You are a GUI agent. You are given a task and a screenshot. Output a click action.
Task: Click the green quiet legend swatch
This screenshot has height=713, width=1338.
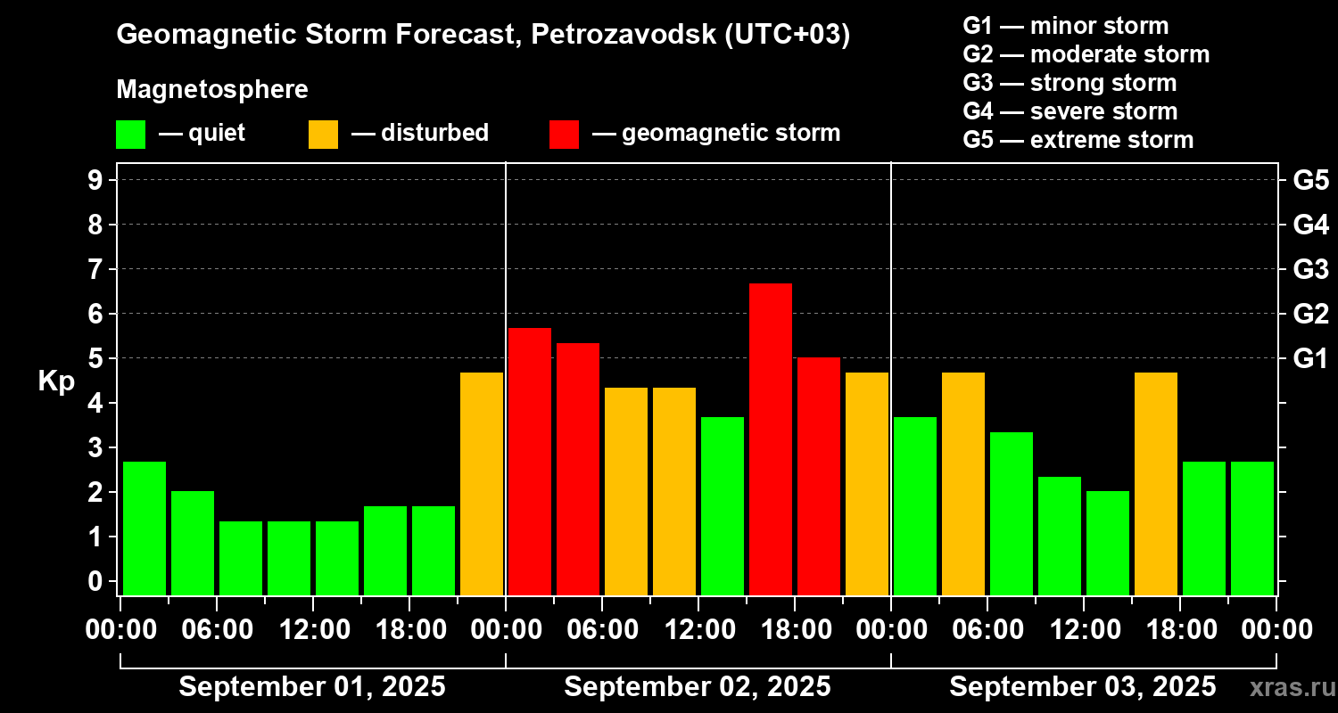point(130,135)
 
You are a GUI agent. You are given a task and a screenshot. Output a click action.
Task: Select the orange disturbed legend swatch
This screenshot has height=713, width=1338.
point(323,135)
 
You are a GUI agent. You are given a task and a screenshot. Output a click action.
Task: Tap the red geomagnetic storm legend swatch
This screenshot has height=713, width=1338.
point(564,135)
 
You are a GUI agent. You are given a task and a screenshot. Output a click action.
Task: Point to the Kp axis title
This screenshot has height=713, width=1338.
point(56,381)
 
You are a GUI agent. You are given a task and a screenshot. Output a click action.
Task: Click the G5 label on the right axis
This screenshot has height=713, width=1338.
point(1310,180)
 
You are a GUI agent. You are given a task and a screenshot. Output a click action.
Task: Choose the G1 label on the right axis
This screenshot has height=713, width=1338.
point(1310,359)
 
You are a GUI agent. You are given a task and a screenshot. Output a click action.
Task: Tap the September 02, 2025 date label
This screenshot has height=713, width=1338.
point(698,687)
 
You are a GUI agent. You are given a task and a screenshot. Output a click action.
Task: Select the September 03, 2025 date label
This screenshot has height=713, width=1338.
point(1082,687)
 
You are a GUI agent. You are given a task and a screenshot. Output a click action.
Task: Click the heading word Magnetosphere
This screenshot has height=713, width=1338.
point(212,90)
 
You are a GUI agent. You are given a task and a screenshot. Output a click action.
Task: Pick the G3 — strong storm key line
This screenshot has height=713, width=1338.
point(1070,84)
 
